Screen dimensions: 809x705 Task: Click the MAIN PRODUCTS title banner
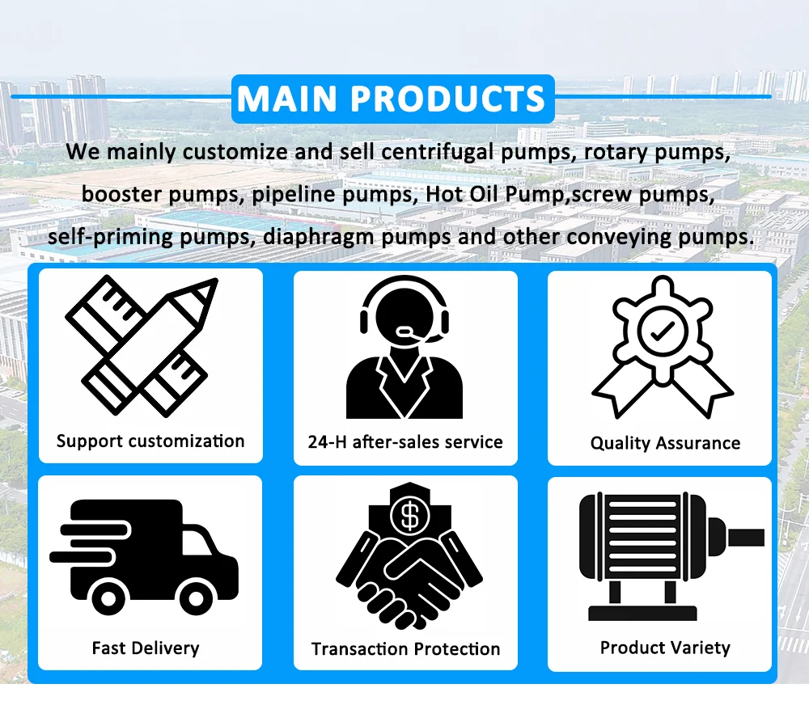(392, 99)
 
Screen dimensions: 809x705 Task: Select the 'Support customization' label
(150, 441)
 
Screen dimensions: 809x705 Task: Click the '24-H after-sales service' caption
(405, 442)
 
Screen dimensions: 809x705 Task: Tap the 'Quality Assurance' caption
(665, 443)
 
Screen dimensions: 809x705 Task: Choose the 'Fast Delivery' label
(146, 648)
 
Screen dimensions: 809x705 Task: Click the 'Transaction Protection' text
(405, 648)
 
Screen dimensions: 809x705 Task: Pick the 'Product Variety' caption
(665, 648)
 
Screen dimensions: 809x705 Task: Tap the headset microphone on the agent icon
(405, 331)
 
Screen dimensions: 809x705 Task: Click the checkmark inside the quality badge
(663, 331)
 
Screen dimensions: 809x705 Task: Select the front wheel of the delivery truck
(196, 598)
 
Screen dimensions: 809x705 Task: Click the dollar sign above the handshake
(410, 517)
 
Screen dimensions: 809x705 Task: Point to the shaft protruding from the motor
(745, 538)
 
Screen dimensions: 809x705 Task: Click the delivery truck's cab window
(197, 542)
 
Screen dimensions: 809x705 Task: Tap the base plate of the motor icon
(642, 614)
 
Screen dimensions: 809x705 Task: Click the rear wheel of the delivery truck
(108, 598)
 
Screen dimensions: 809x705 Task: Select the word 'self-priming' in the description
(110, 237)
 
